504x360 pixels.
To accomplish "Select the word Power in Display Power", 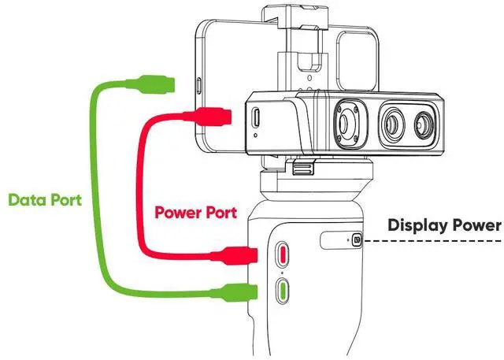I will [476, 226].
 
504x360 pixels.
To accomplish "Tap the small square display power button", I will [358, 239].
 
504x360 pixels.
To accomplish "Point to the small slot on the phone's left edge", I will [198, 84].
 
